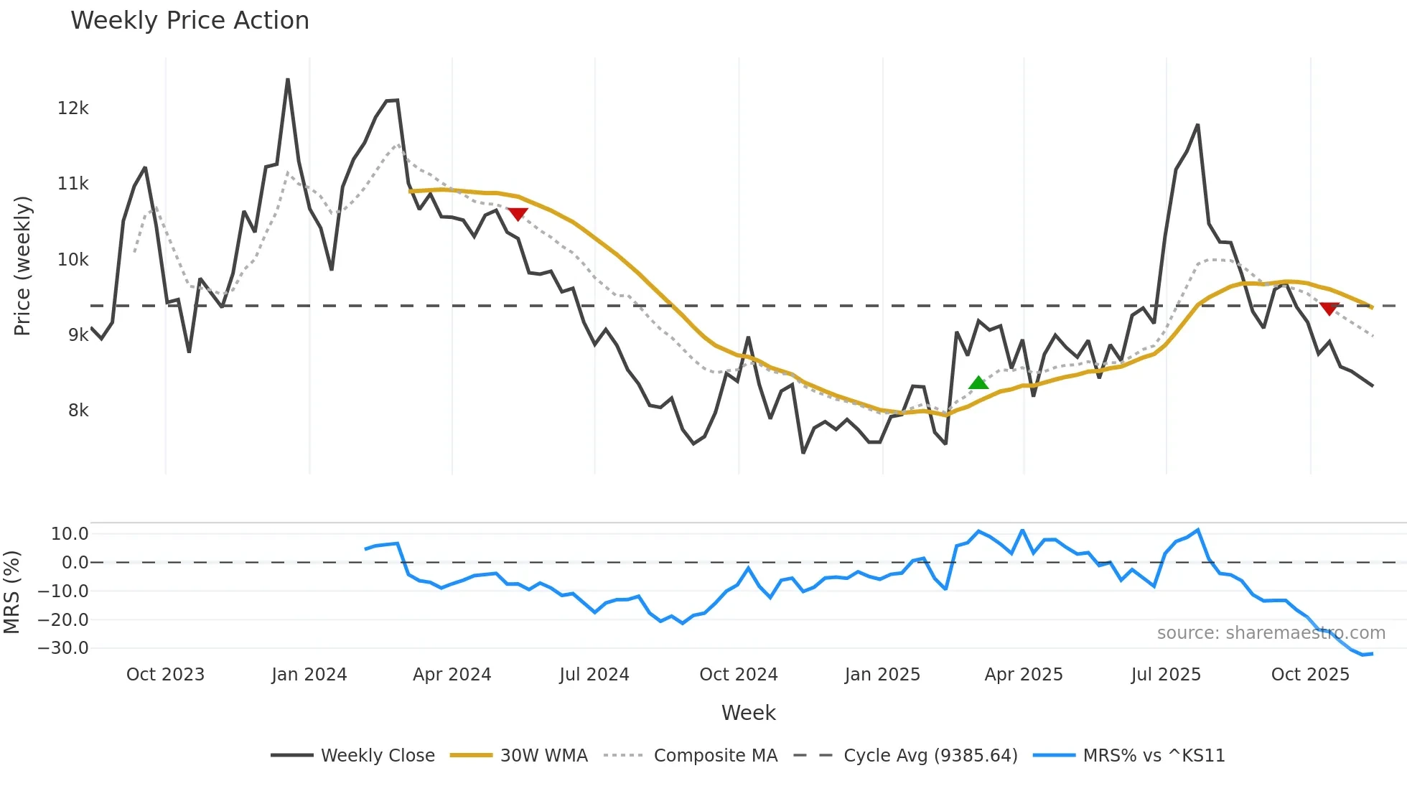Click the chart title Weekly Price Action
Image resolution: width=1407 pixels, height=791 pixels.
190,21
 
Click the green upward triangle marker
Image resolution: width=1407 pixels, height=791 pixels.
978,383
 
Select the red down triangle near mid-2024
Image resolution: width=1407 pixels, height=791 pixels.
518,214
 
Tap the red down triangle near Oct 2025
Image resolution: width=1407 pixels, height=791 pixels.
1329,309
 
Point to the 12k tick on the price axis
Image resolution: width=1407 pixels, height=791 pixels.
73,108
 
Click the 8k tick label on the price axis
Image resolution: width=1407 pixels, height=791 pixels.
78,411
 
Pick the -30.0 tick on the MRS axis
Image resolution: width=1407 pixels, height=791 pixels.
63,648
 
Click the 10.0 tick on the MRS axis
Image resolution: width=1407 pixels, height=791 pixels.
70,534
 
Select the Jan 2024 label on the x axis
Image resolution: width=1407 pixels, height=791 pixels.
309,675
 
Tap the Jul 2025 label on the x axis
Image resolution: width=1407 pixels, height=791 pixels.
1166,675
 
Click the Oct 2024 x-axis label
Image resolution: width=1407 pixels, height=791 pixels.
739,675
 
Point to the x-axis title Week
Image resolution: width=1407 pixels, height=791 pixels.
748,713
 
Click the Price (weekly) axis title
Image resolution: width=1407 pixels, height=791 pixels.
22,266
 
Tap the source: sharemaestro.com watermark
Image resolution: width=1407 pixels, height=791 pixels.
1271,633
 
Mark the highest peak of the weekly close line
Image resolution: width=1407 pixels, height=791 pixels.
288,80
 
